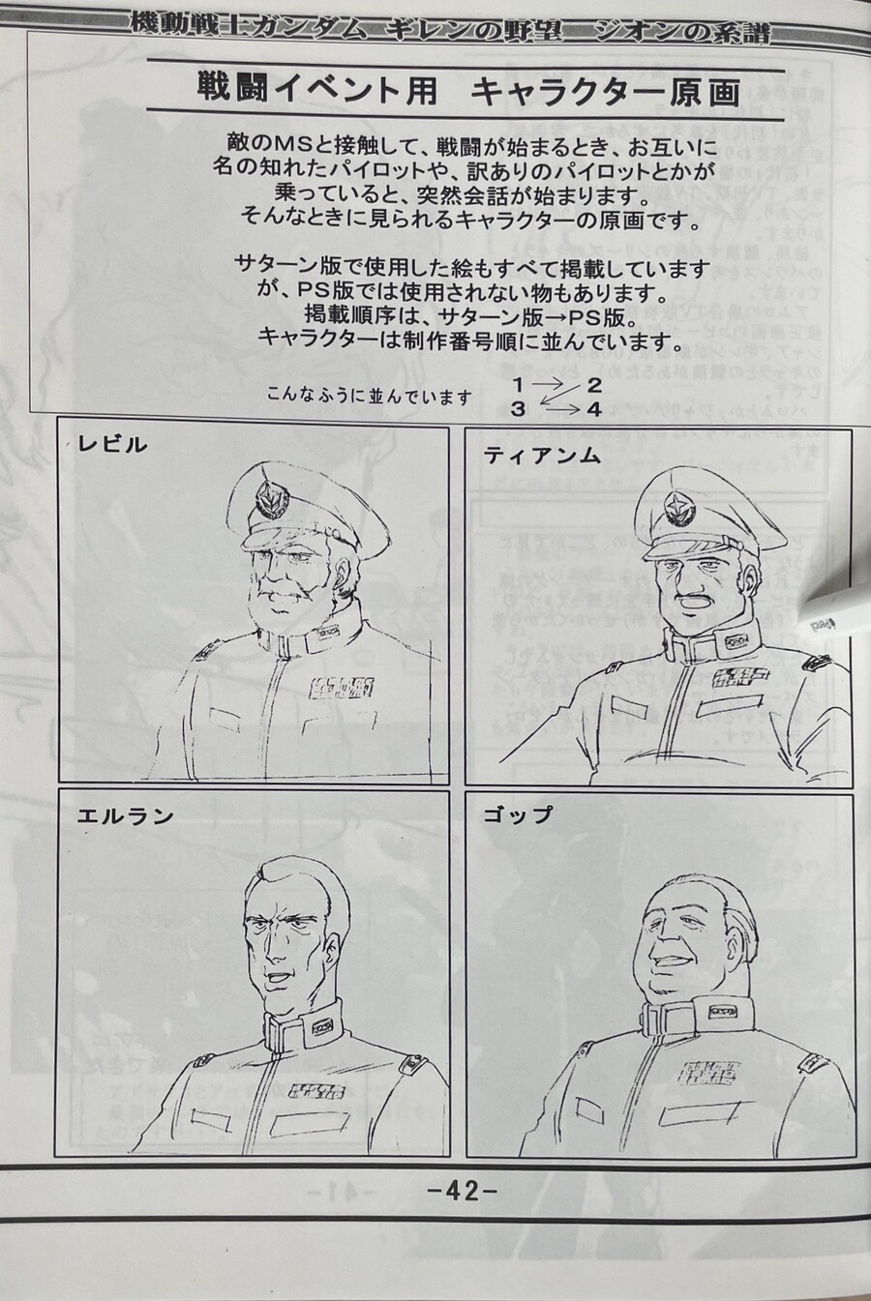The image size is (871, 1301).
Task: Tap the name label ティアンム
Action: click(543, 455)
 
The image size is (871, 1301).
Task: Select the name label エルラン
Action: click(126, 815)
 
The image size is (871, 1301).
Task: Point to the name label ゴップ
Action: click(518, 814)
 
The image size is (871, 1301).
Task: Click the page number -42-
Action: click(462, 1191)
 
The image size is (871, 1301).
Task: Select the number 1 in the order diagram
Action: click(519, 386)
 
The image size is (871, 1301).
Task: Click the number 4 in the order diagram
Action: click(594, 409)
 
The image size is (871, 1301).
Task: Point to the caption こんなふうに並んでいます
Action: click(371, 397)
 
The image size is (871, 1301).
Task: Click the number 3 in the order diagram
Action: click(519, 409)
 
